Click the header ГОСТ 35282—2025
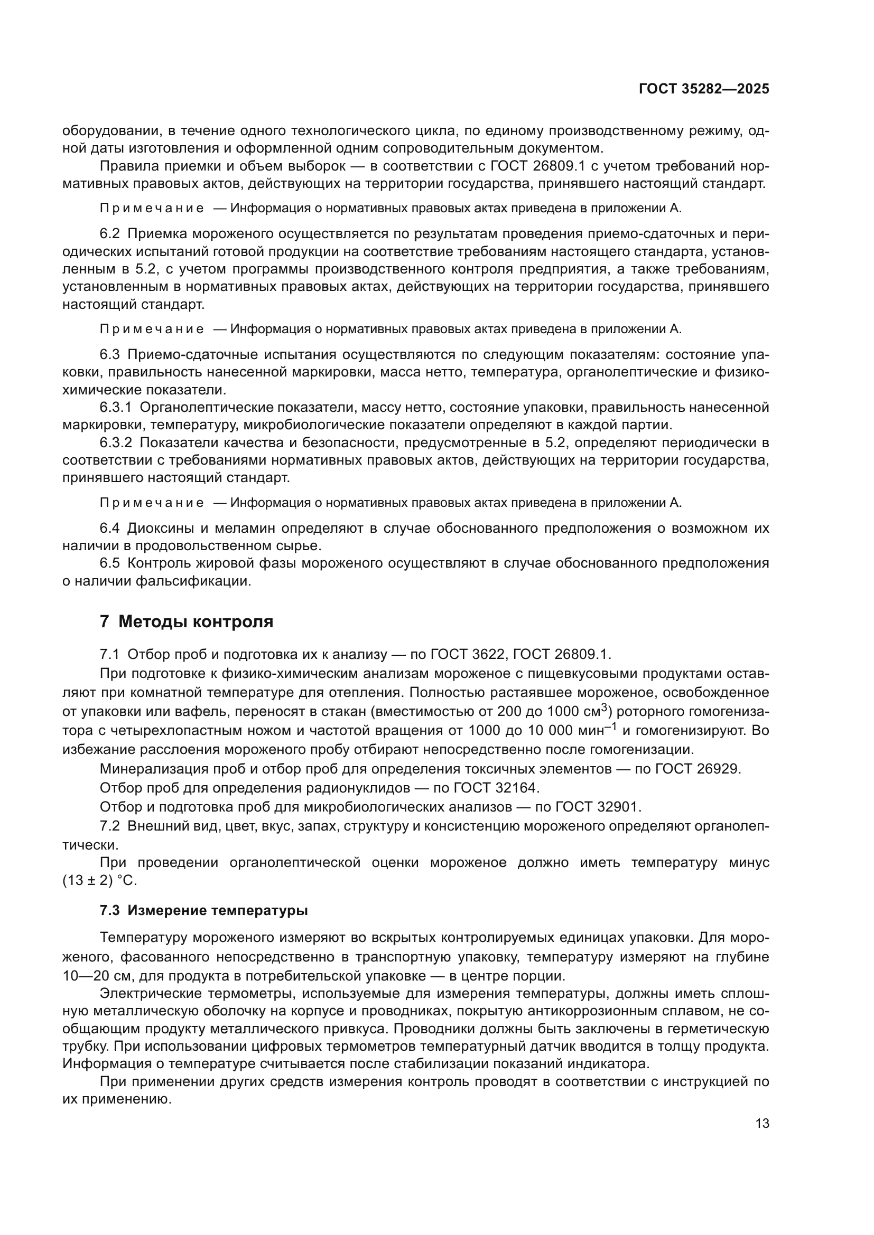click(704, 89)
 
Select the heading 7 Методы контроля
click(187, 622)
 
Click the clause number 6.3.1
click(116, 408)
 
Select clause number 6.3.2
click(116, 442)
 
